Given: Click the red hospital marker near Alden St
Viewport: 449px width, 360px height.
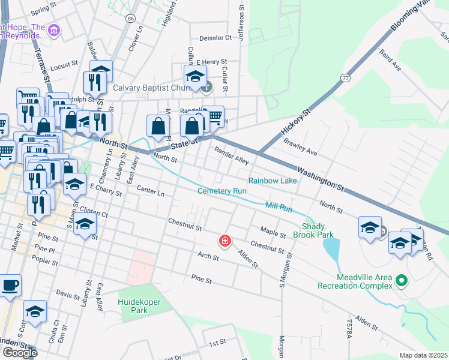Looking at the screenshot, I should coord(225,241).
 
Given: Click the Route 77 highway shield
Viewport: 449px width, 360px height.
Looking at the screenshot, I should coord(345,78).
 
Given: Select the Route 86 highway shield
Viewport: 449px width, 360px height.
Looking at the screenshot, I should coord(130,19).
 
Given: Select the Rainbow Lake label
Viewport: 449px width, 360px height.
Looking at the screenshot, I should coord(273,181).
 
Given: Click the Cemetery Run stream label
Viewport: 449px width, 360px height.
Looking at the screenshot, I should coord(222,191).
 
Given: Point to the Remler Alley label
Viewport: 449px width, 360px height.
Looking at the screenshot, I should coord(231,157).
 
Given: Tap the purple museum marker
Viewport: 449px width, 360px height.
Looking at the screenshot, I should coord(54,30).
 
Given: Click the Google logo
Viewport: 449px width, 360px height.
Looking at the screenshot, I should coord(19,352).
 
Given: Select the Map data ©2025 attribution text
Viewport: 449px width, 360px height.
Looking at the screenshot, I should coord(423,355).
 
